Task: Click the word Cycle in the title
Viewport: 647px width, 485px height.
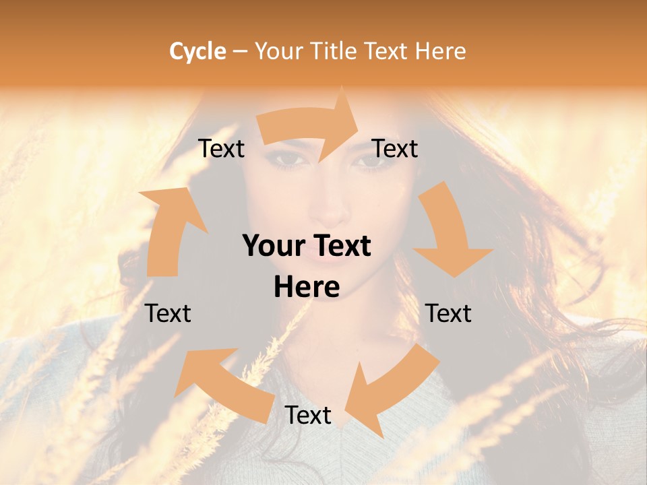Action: point(197,51)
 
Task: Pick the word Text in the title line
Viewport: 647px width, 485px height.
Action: point(386,51)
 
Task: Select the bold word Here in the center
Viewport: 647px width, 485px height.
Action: point(307,288)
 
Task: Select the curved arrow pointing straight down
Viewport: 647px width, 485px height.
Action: point(448,232)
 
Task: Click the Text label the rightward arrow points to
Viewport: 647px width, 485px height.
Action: point(395,148)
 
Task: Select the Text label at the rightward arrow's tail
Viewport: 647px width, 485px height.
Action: point(222,148)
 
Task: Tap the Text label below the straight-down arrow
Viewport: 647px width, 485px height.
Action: point(449,313)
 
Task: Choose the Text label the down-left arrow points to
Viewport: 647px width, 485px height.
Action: point(308,415)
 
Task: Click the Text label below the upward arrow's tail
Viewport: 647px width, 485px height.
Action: point(168,313)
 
